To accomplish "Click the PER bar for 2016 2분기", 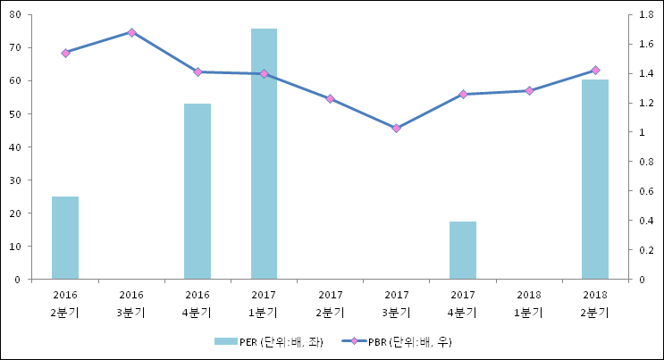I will (x=65, y=238).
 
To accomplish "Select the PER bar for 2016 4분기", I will (x=198, y=191).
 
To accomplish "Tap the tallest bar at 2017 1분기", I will (x=264, y=154).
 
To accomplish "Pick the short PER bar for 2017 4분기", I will (x=463, y=250).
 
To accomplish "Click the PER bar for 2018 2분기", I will (x=595, y=179).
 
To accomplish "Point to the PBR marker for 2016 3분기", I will (x=131, y=32).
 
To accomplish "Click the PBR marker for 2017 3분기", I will (x=396, y=129).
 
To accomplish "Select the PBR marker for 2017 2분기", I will (x=330, y=99).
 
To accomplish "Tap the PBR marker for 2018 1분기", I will (x=529, y=91).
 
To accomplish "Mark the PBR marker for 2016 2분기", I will (x=65, y=54).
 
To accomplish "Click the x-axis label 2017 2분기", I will (x=330, y=303).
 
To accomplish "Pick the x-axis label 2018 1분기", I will (x=529, y=303).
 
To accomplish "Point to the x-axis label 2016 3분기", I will (x=131, y=303).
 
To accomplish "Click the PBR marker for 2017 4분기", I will (x=463, y=95).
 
